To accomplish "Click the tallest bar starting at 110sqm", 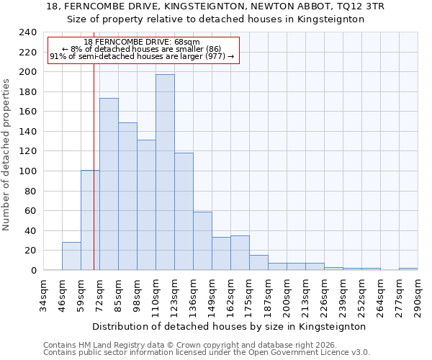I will (x=165, y=173).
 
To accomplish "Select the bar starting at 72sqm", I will (x=109, y=184).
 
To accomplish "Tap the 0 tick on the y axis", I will (x=33, y=271).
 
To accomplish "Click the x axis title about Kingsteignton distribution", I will (x=229, y=326).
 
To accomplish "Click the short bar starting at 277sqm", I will (x=408, y=269).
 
